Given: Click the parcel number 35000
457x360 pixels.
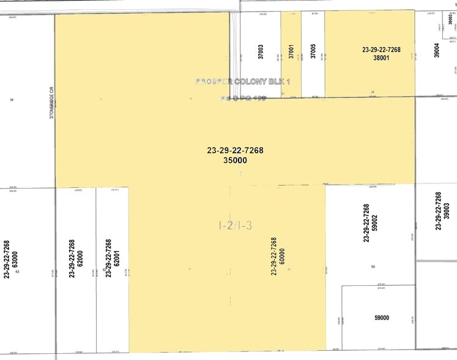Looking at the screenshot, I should pyautogui.click(x=235, y=160).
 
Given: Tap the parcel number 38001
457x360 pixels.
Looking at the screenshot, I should pyautogui.click(x=381, y=59).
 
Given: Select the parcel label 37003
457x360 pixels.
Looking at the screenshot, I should pyautogui.click(x=261, y=51).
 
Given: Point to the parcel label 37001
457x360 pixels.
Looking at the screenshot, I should pyautogui.click(x=291, y=51).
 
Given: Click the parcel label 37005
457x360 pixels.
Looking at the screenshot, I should pyautogui.click(x=313, y=51).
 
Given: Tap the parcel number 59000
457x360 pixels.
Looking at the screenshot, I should pyautogui.click(x=381, y=318).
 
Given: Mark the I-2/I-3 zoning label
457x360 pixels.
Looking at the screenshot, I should pyautogui.click(x=236, y=225).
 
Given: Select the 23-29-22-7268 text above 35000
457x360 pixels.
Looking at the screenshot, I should pyautogui.click(x=235, y=150).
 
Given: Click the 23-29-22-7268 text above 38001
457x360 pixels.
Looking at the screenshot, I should pyautogui.click(x=381, y=50).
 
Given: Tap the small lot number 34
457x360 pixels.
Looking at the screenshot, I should pyautogui.click(x=12, y=99).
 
